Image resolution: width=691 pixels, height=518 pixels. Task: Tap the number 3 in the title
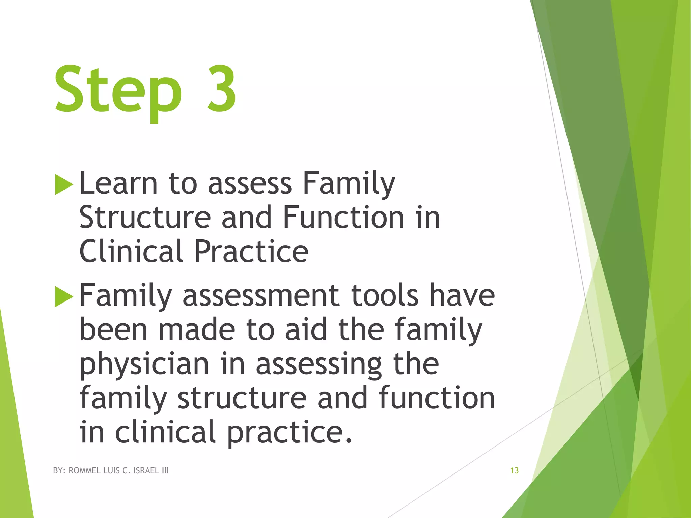click(x=221, y=88)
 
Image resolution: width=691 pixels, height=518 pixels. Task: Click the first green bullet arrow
click(x=63, y=184)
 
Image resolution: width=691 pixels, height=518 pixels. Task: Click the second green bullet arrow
click(x=63, y=296)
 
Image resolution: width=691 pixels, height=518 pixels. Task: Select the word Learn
click(x=118, y=183)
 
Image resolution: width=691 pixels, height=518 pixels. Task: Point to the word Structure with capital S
click(x=145, y=218)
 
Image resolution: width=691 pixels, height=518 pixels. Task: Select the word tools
click(x=384, y=296)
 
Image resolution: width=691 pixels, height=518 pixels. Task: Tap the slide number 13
click(x=514, y=471)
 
